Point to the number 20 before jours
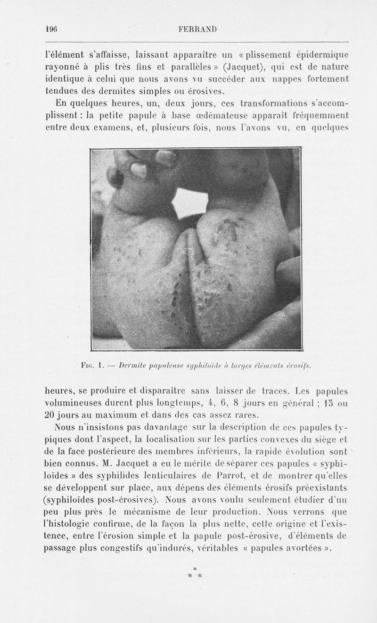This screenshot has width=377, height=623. click(50, 415)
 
